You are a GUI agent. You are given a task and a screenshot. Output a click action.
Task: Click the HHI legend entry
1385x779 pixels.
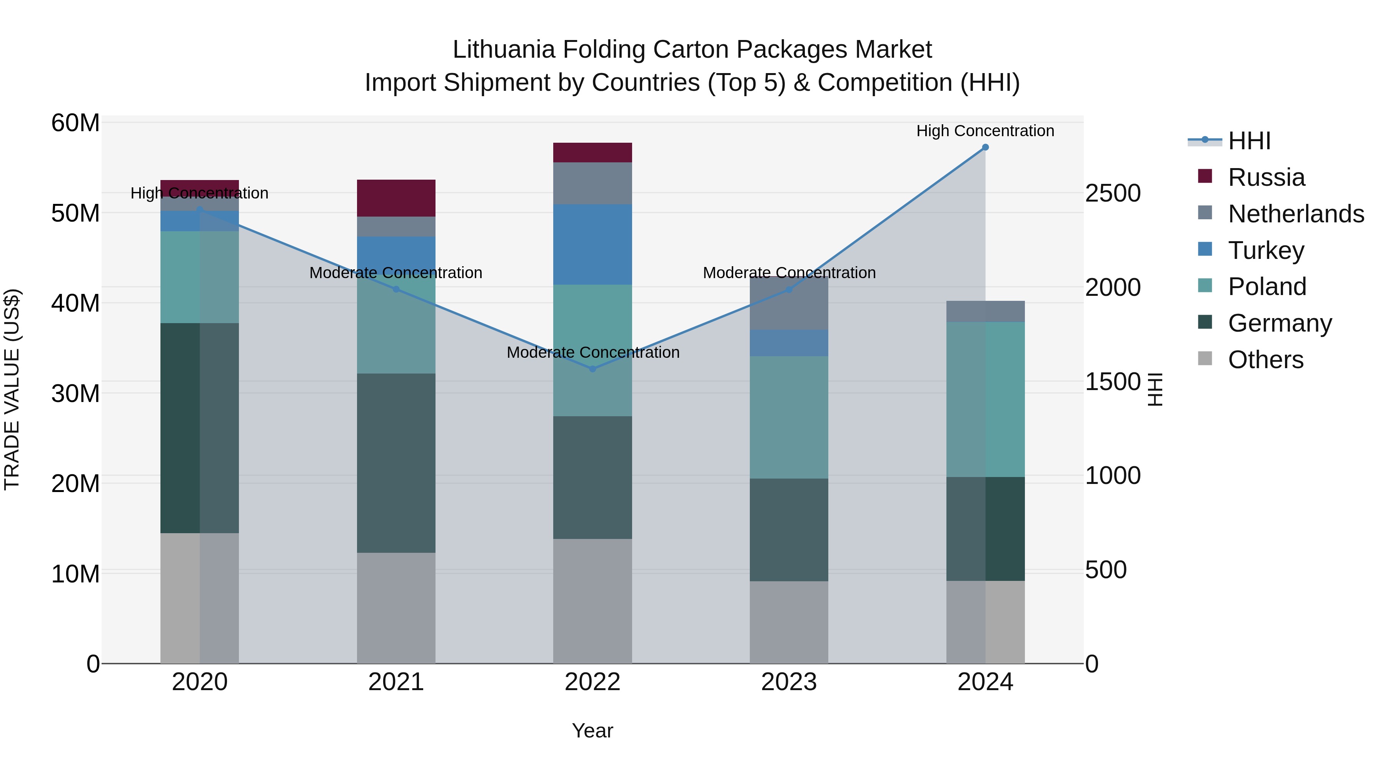tap(1248, 141)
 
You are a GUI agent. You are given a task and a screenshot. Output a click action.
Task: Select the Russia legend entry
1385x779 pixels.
tap(1266, 177)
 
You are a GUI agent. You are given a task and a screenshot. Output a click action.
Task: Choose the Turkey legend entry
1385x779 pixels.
tap(1266, 250)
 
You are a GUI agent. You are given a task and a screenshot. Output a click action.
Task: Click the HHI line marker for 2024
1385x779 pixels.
tap(985, 147)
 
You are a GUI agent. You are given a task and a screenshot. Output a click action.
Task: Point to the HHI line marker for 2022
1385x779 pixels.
tap(592, 369)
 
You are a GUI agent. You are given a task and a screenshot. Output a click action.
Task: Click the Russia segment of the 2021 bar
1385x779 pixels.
tap(396, 198)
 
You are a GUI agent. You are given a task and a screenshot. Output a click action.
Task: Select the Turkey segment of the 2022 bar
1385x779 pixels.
tap(592, 245)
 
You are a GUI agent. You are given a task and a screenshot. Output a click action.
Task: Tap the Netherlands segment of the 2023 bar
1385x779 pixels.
tap(789, 303)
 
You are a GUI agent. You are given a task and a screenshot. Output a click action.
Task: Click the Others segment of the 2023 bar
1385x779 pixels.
tap(789, 622)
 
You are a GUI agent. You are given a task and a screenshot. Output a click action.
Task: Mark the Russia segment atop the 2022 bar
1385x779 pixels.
tap(592, 153)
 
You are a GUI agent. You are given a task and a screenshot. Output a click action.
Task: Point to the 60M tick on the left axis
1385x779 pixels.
tap(75, 123)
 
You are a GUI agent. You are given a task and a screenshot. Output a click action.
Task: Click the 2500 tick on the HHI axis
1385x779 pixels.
tap(1112, 193)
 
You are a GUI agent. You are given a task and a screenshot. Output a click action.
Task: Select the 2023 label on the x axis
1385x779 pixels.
tap(789, 682)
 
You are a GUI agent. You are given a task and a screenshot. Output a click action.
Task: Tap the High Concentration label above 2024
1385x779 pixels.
tap(985, 131)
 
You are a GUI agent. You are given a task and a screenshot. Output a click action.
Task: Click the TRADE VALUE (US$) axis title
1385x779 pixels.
tap(12, 389)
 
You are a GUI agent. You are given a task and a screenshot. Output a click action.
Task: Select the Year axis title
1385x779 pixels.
tap(592, 731)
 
